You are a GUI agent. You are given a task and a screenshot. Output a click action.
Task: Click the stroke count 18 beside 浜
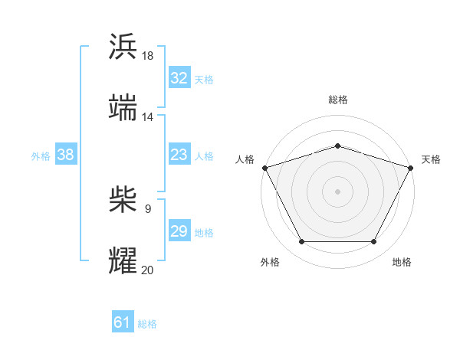(148, 56)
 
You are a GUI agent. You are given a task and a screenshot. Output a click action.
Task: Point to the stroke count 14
(148, 117)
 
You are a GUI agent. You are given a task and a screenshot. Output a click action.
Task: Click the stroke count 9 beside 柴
(148, 208)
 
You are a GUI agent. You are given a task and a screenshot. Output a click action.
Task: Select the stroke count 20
(148, 270)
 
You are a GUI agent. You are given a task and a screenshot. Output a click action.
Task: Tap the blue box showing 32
(179, 78)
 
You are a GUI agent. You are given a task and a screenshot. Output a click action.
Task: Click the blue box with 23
(179, 155)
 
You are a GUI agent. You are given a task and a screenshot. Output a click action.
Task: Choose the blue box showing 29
(179, 231)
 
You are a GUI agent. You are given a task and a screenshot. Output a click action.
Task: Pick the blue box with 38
(65, 155)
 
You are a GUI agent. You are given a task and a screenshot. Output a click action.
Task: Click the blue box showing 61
(122, 322)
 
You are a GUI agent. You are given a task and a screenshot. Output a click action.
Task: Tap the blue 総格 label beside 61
(147, 324)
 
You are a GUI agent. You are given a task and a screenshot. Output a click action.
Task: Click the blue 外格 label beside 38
(41, 156)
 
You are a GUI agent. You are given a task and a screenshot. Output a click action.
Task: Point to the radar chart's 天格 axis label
(431, 159)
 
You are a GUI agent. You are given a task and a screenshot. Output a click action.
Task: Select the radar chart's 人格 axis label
(245, 159)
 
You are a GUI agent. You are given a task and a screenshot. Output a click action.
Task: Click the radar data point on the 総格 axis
(337, 146)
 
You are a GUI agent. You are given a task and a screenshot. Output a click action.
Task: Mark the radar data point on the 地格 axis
(374, 242)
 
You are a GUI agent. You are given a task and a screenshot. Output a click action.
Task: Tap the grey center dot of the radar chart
(337, 191)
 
